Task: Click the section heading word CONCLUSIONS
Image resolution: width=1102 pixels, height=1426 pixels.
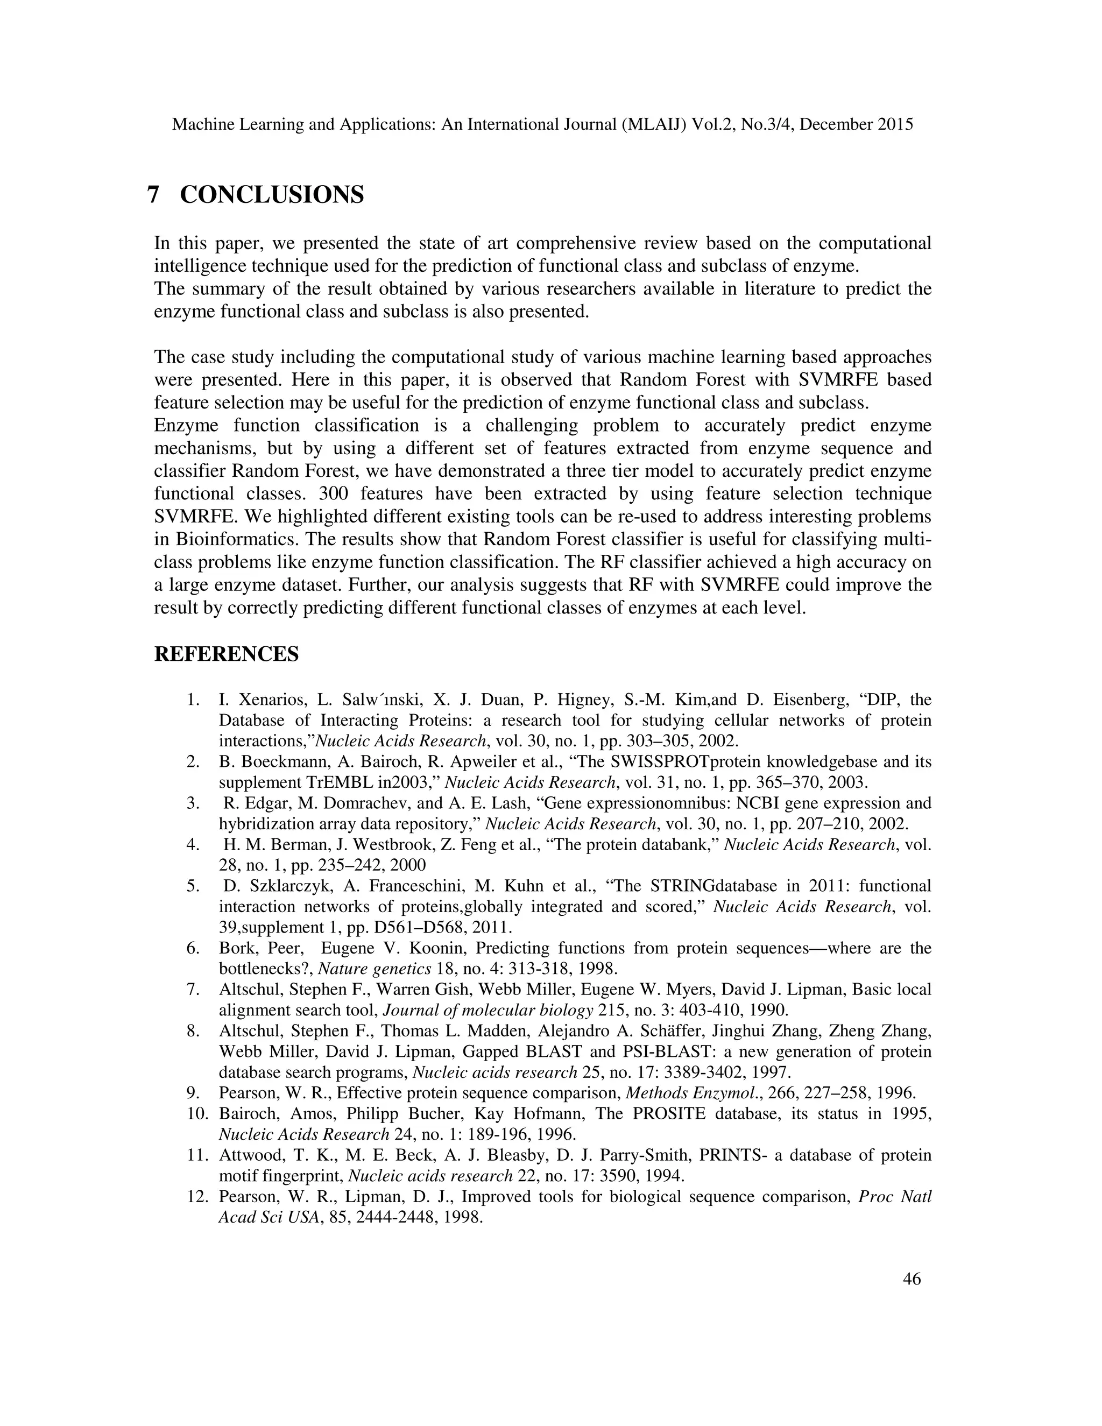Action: pyautogui.click(x=272, y=195)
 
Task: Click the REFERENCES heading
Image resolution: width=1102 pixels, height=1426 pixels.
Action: pyautogui.click(x=226, y=654)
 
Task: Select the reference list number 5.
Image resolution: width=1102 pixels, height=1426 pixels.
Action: pyautogui.click(x=193, y=886)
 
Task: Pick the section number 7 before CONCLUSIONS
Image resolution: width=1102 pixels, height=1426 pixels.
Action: pyautogui.click(x=154, y=195)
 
